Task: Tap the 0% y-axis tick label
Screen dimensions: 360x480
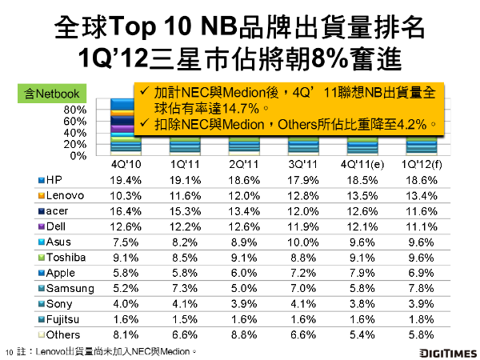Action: tap(78, 154)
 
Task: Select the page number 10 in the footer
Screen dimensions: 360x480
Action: tap(10, 351)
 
